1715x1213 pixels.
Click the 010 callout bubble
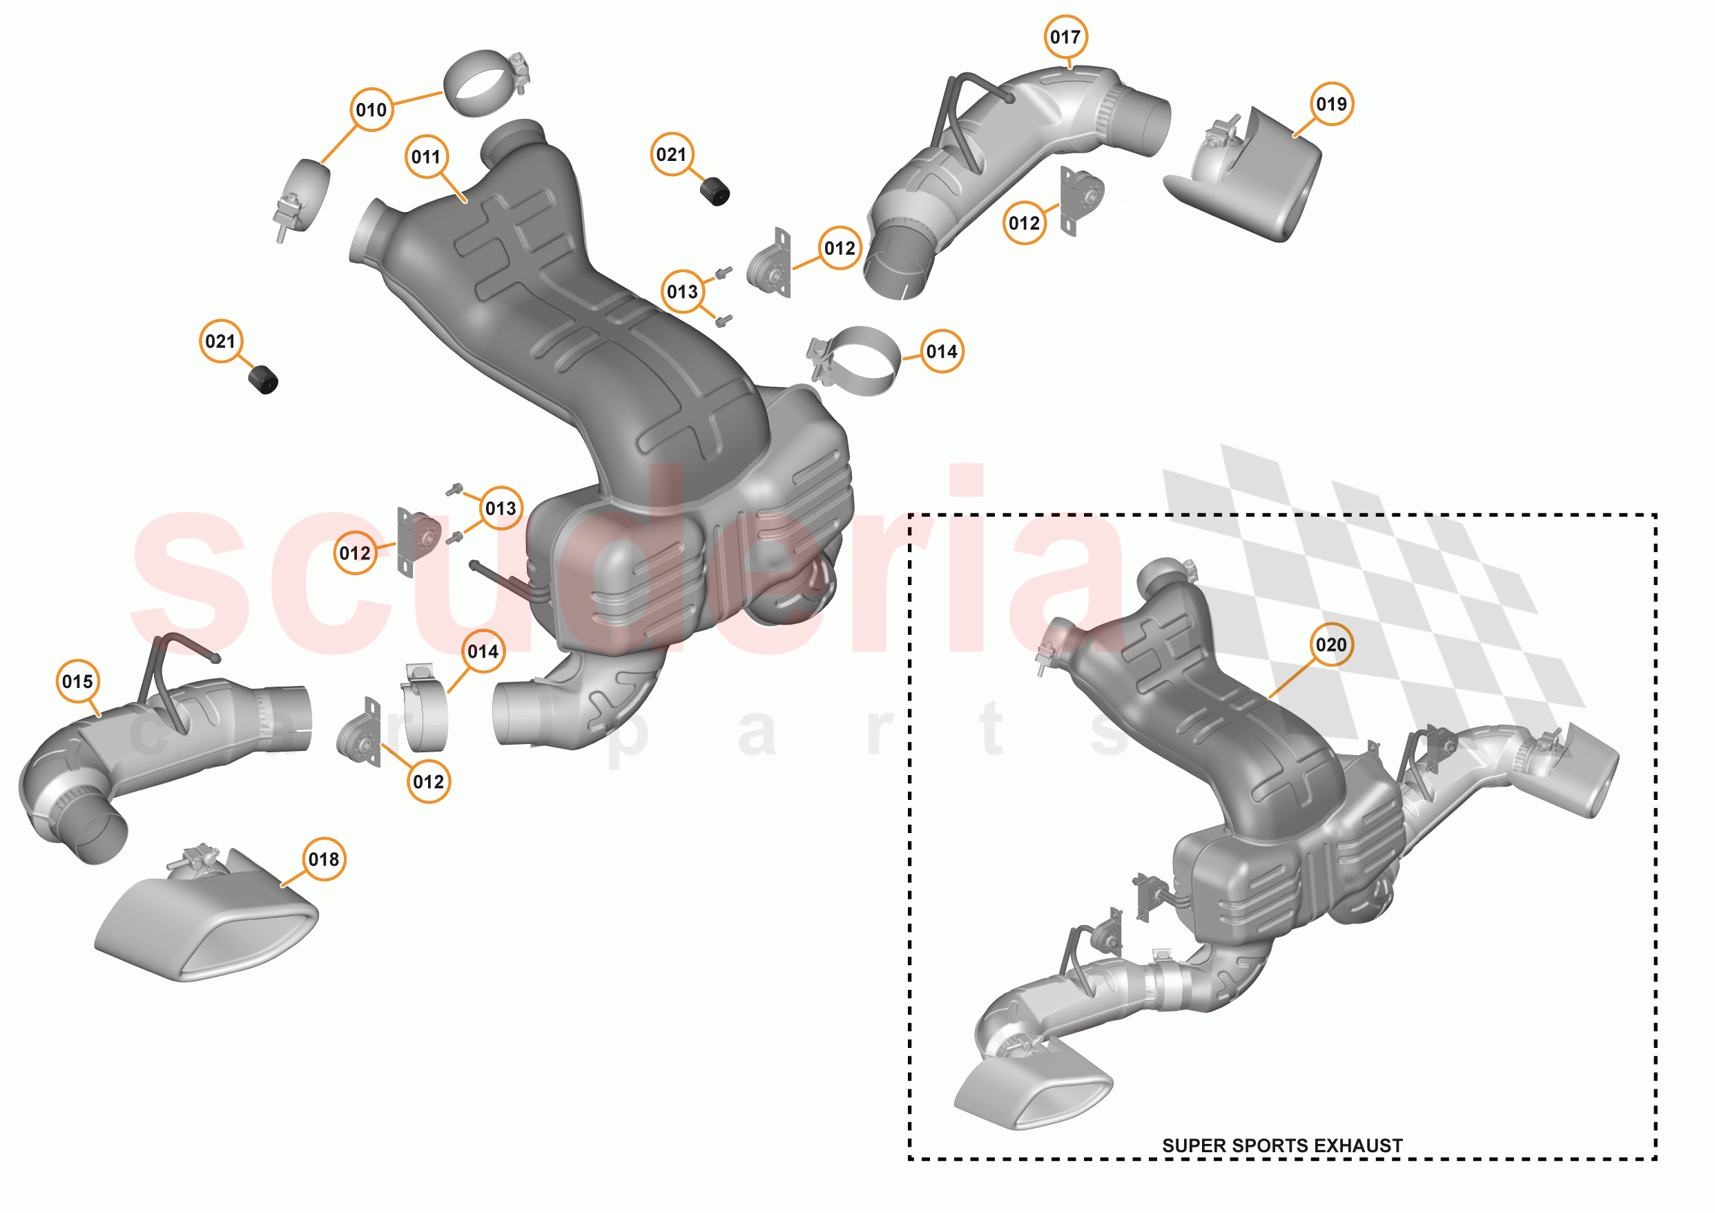coord(371,110)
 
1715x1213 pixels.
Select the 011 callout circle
coord(426,157)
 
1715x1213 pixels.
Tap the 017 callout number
coord(1065,37)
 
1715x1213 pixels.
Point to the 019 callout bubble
coord(1331,104)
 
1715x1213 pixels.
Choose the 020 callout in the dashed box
coord(1331,644)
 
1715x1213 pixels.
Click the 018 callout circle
coord(323,859)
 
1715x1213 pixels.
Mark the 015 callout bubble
coord(78,681)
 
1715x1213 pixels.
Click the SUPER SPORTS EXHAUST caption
coord(1282,1146)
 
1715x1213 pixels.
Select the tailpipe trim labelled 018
coord(209,927)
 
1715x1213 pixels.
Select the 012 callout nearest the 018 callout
coord(428,782)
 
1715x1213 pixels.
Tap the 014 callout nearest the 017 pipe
coord(941,352)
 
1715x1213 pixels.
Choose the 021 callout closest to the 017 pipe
coord(672,155)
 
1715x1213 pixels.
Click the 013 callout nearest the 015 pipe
coord(501,508)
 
